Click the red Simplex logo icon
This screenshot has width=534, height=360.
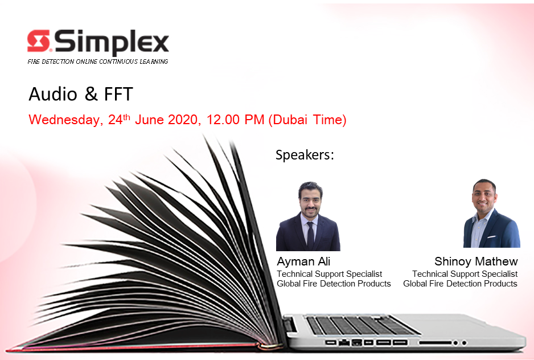pos(39,40)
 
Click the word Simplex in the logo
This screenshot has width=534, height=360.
pos(112,43)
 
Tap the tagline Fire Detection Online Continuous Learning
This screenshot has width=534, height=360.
pos(98,62)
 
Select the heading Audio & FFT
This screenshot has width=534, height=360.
pos(81,94)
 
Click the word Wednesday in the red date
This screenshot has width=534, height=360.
pos(64,120)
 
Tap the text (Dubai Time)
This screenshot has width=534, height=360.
pos(307,120)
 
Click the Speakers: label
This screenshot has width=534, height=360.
pos(305,155)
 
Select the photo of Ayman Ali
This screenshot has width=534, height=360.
pos(308,216)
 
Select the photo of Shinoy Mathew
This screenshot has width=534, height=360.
pos(491,214)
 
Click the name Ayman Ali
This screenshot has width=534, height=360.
pos(303,261)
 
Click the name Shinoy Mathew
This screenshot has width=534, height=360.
pos(476,261)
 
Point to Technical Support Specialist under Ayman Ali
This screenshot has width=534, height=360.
pos(329,274)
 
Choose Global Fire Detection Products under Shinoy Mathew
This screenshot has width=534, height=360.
pos(460,284)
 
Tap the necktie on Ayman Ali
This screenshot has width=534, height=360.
pos(310,235)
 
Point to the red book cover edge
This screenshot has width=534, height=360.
pos(136,348)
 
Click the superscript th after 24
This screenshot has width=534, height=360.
pos(126,117)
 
